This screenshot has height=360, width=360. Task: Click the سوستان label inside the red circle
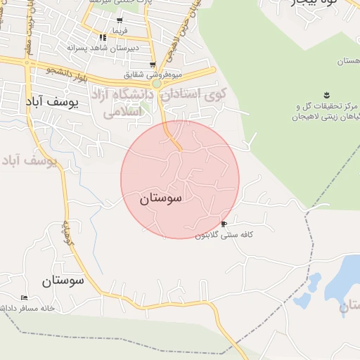(161, 198)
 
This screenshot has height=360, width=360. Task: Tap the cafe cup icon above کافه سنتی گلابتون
(224, 224)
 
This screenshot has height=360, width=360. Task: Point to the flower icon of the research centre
(326, 94)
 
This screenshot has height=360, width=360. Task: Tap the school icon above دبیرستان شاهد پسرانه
(103, 37)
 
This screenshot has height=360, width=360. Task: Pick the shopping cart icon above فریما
(120, 20)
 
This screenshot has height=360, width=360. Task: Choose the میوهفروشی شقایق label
(153, 74)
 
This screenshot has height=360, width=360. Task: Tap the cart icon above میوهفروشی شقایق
(152, 64)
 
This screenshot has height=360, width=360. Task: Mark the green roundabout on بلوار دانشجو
(157, 83)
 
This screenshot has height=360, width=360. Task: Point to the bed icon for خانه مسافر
(25, 297)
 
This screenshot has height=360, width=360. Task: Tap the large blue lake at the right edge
(345, 278)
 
